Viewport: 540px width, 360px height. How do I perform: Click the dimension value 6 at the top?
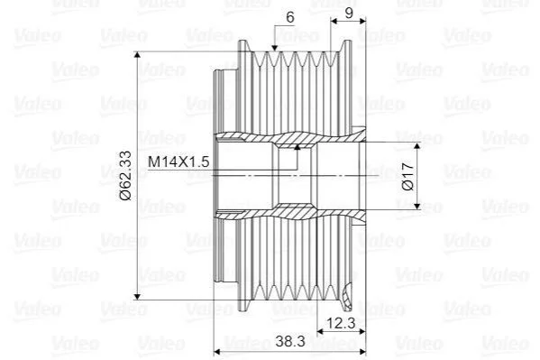pos(290,17)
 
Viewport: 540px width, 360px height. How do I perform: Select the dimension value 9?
pos(349,14)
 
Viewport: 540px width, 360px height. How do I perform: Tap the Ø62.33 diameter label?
pos(125,176)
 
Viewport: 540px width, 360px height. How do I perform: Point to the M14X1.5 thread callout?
pos(178,162)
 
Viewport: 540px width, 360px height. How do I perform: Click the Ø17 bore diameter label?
pos(407,176)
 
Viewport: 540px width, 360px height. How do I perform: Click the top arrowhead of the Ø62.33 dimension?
pos(137,55)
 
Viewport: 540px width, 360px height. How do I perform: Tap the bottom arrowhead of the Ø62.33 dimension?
pos(137,296)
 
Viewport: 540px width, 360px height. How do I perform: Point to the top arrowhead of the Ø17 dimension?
pos(417,146)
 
